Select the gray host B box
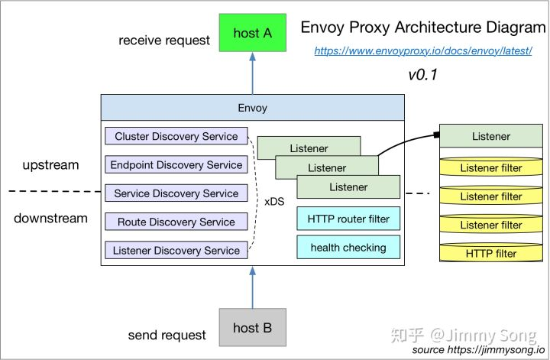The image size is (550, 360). click(x=252, y=328)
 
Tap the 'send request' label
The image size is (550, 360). click(x=167, y=335)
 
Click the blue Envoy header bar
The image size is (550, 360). click(x=252, y=108)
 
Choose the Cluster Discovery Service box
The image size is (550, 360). click(x=176, y=137)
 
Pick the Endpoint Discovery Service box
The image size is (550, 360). click(x=176, y=165)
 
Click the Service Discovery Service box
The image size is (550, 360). click(x=176, y=193)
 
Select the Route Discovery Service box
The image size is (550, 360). click(x=176, y=222)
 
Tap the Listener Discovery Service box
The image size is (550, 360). click(x=176, y=250)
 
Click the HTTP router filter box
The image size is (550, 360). click(x=348, y=219)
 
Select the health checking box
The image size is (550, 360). click(x=348, y=247)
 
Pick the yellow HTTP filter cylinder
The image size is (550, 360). click(x=491, y=252)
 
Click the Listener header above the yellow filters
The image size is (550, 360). click(x=491, y=137)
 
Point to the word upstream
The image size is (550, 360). click(x=50, y=165)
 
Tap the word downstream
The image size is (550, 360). click(x=50, y=219)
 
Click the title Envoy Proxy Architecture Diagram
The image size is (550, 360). click(x=422, y=28)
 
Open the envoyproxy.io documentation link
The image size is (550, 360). click(x=423, y=51)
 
